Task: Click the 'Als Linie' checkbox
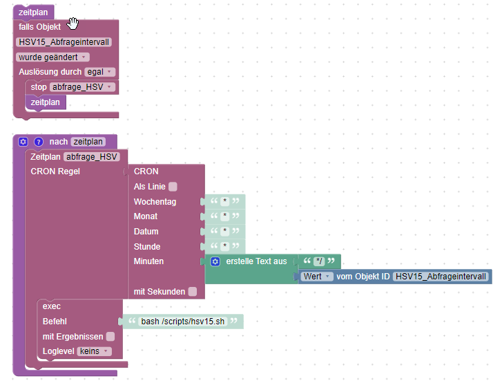click(x=173, y=187)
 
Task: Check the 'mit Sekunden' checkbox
click(x=192, y=292)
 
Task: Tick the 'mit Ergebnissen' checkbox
click(x=110, y=337)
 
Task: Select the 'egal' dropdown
click(x=99, y=72)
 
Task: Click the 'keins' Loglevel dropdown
click(x=95, y=351)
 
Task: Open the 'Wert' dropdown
click(x=318, y=277)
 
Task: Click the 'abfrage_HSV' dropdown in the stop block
click(x=81, y=87)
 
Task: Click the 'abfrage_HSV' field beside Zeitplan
click(x=92, y=157)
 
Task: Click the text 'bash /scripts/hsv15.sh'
click(x=183, y=322)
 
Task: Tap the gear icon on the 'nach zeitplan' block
click(x=23, y=142)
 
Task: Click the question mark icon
click(x=39, y=142)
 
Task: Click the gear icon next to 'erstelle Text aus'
click(x=215, y=261)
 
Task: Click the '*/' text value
click(x=318, y=261)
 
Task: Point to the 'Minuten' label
click(x=148, y=261)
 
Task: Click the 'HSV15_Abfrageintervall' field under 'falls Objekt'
click(x=64, y=42)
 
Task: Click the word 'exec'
click(x=52, y=306)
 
